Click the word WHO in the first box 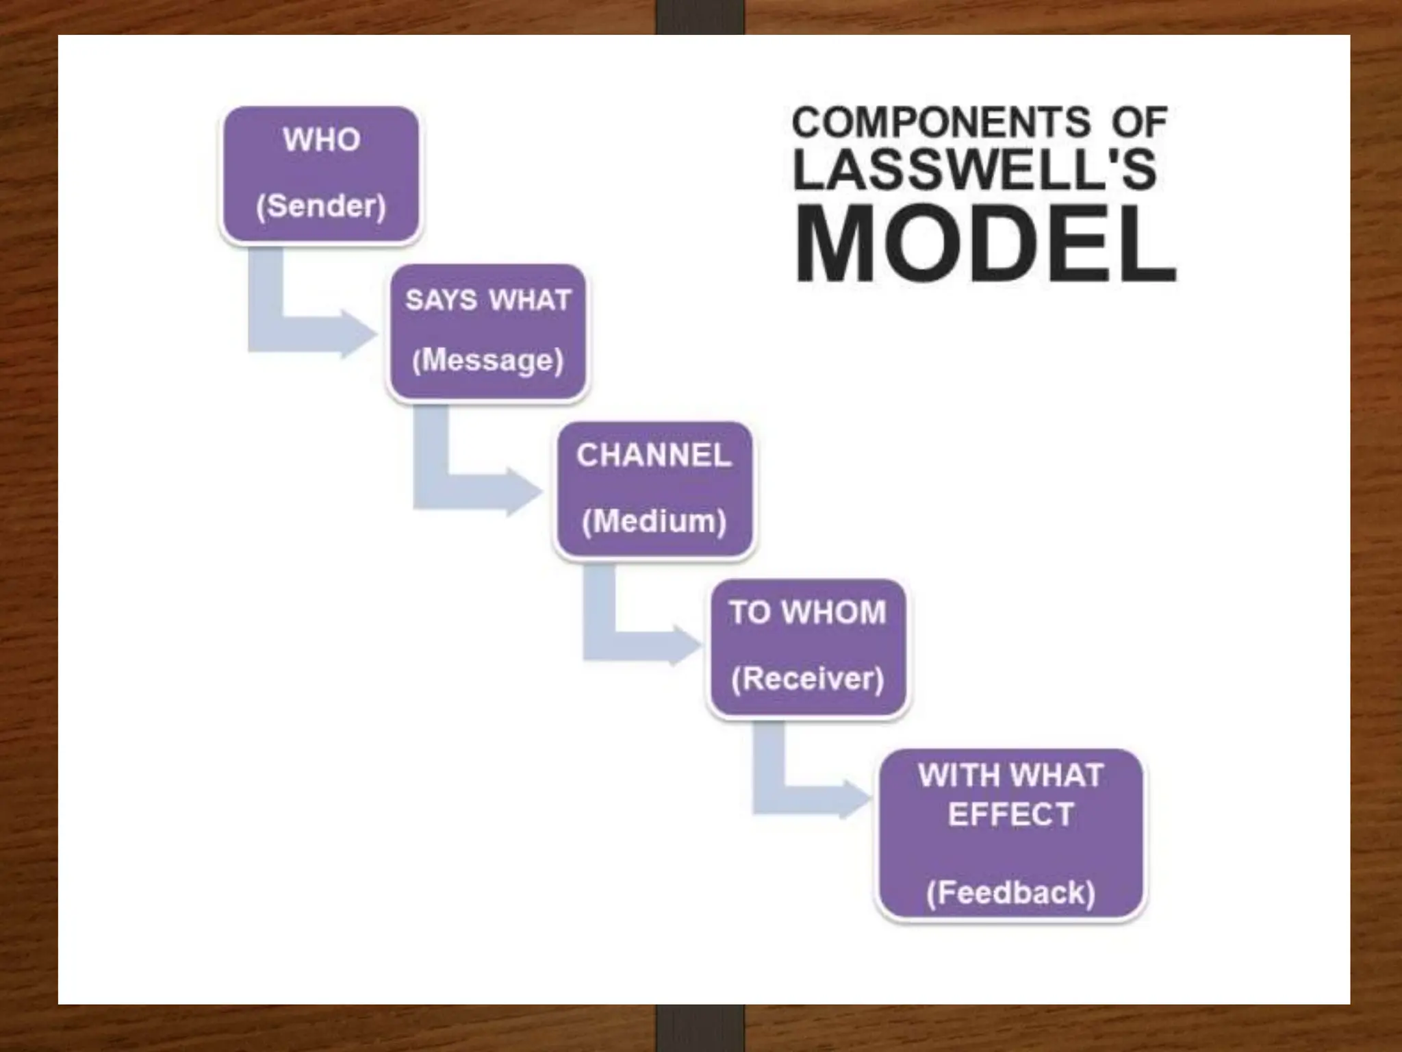(321, 140)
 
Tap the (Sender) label (321, 205)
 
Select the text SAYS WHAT (487, 300)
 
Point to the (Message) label (487, 360)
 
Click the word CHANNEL (654, 455)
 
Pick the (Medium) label (654, 521)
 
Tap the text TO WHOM (807, 612)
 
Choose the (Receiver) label (807, 679)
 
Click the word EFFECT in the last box (1010, 815)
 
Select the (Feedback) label (1010, 892)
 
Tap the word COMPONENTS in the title (941, 123)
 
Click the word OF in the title (1139, 123)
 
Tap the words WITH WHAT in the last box (1010, 776)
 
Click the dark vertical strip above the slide (700, 16)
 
